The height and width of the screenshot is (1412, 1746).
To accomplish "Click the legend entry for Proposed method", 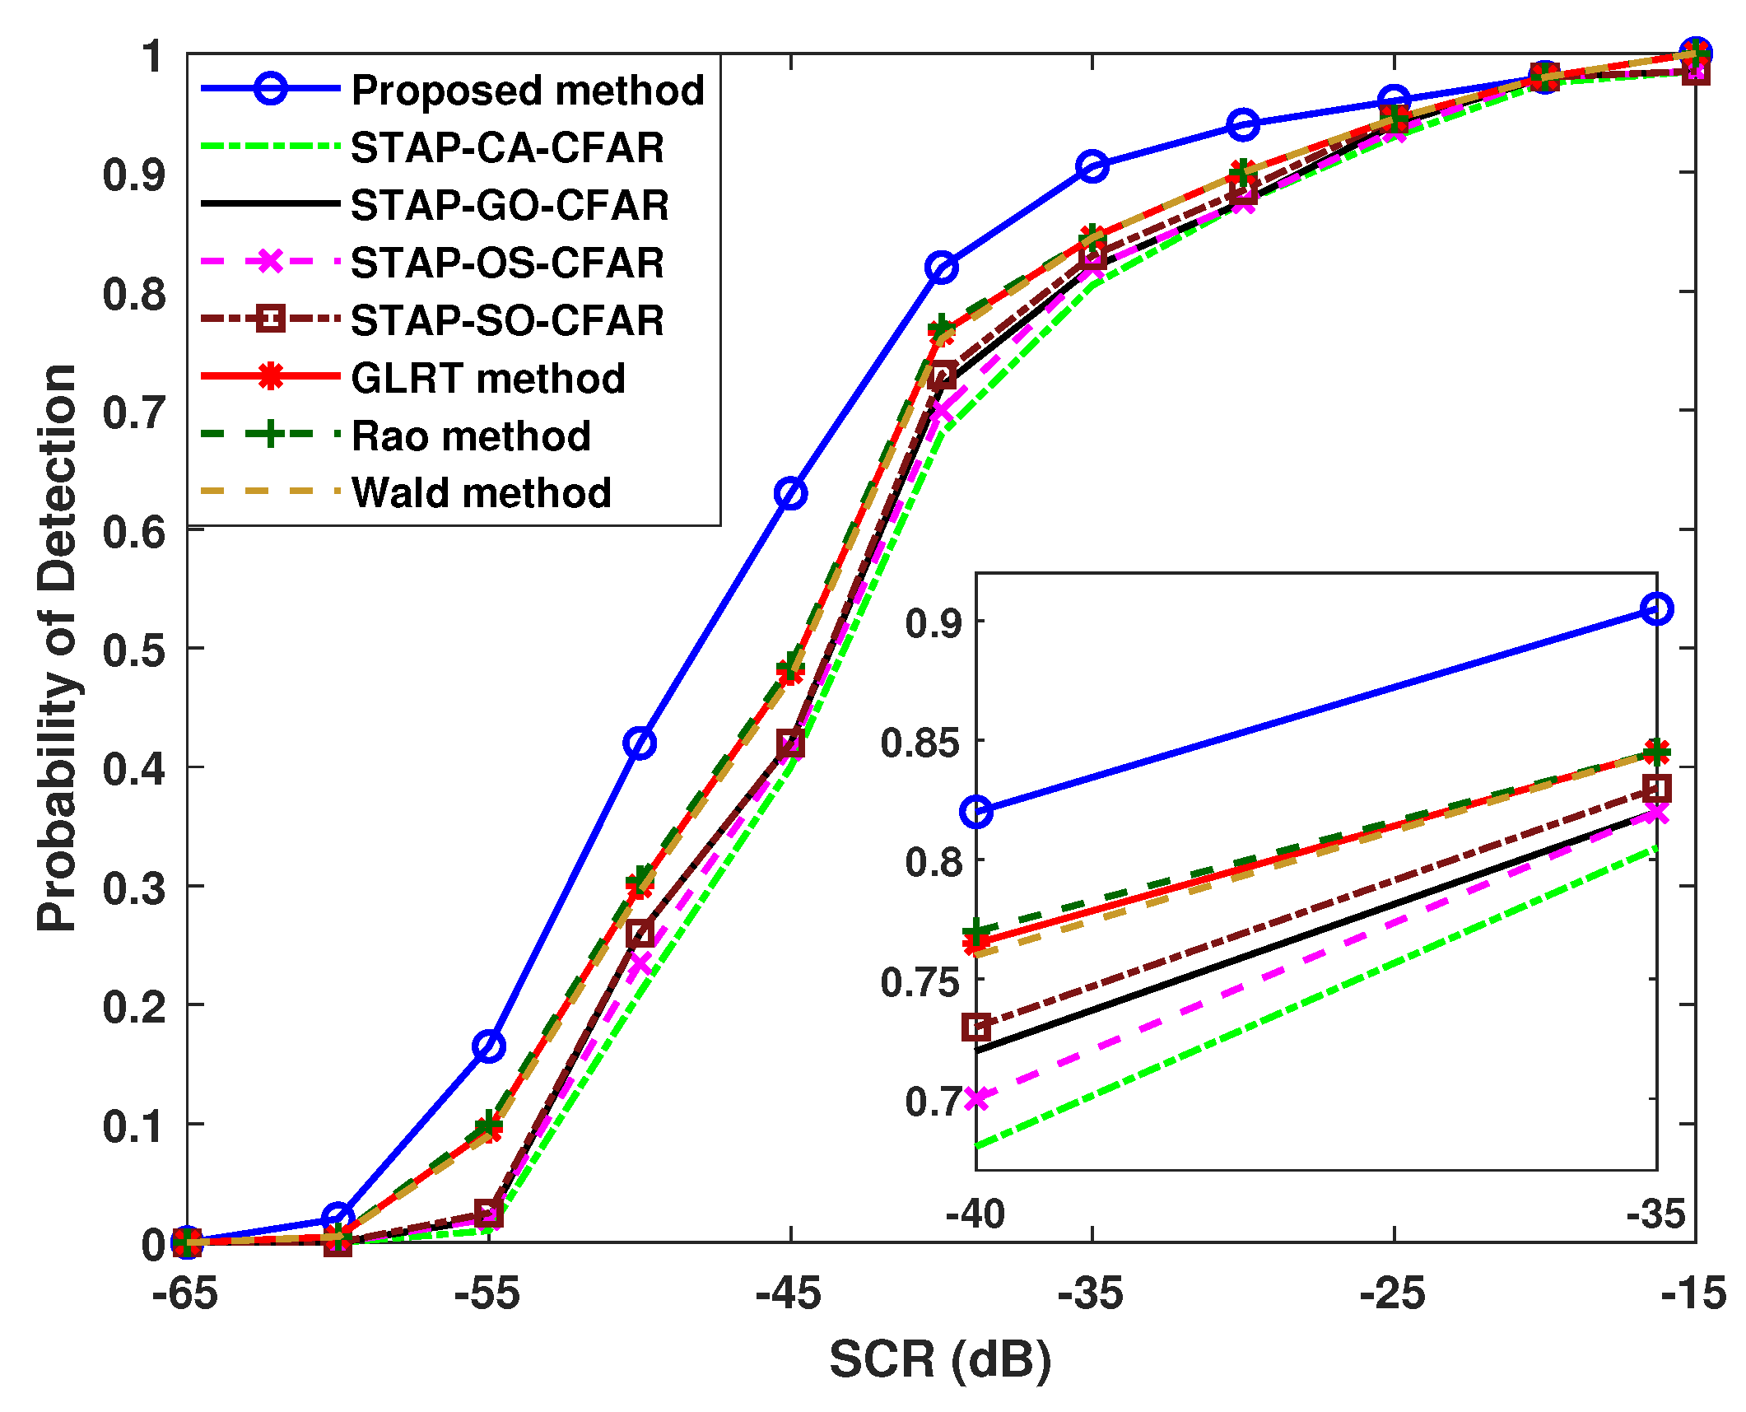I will [527, 90].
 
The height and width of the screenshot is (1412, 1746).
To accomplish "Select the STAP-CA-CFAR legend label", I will [507, 147].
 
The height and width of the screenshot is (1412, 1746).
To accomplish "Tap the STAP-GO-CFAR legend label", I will [510, 205].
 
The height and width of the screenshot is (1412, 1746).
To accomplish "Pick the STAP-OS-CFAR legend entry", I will [507, 263].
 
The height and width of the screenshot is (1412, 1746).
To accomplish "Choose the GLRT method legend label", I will [488, 378].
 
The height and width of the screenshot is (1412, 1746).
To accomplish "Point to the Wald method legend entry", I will [482, 492].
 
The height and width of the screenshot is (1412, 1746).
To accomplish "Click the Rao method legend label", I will [471, 436].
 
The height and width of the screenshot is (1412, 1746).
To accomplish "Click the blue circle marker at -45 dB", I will [790, 493].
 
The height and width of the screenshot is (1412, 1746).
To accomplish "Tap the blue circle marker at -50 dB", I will [640, 743].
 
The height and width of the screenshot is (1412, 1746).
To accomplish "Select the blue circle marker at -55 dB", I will [489, 1046].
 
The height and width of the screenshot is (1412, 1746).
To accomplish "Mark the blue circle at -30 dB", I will [1243, 124].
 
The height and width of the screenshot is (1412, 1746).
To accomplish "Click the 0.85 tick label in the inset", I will [920, 743].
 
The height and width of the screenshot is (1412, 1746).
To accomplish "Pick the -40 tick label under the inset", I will [975, 1214].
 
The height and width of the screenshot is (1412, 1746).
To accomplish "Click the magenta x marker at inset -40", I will [976, 1097].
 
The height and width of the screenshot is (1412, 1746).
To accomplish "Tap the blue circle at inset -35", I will [1656, 609].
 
